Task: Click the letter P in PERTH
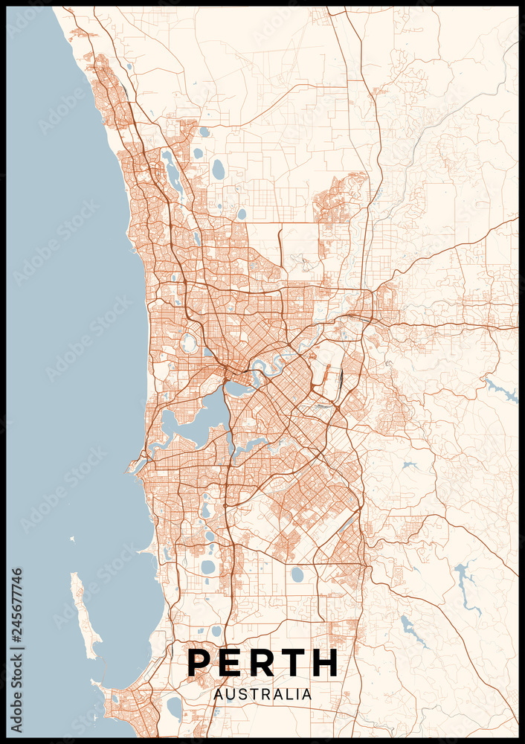(x=201, y=662)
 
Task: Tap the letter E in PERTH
(x=235, y=662)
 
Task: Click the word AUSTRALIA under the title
(x=262, y=694)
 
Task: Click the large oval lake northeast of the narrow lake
(x=218, y=170)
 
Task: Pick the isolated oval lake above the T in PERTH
(x=297, y=574)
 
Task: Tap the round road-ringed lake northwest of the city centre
(x=189, y=343)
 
